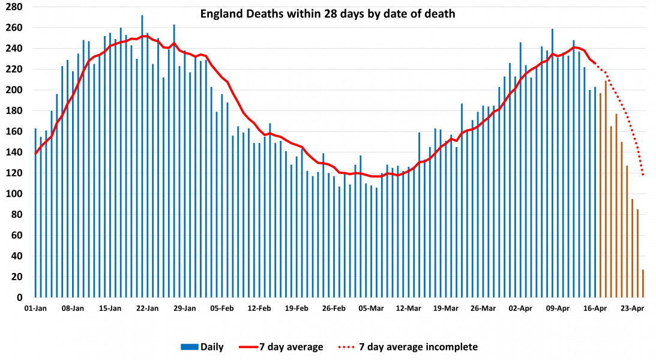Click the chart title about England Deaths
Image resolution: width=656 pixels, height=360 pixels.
click(x=328, y=13)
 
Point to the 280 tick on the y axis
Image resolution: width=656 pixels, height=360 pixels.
click(x=15, y=7)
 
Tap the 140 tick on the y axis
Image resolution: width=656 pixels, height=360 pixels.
click(x=15, y=152)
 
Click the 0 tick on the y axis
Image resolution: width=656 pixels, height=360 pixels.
click(x=19, y=298)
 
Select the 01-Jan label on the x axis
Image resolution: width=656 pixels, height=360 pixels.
click(x=35, y=308)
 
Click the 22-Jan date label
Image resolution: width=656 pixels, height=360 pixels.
click(x=147, y=308)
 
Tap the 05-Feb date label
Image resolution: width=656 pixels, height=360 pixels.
click(x=222, y=308)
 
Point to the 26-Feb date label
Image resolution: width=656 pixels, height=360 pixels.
click(x=334, y=308)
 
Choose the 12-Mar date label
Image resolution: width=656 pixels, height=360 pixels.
click(x=408, y=308)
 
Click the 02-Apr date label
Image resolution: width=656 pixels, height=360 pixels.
click(x=520, y=308)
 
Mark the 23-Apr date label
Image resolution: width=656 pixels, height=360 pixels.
click(x=632, y=308)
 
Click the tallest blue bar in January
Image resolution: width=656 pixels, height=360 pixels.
click(x=142, y=156)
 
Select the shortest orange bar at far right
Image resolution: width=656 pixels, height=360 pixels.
click(x=643, y=283)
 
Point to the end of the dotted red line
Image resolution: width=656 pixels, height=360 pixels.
click(x=643, y=175)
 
